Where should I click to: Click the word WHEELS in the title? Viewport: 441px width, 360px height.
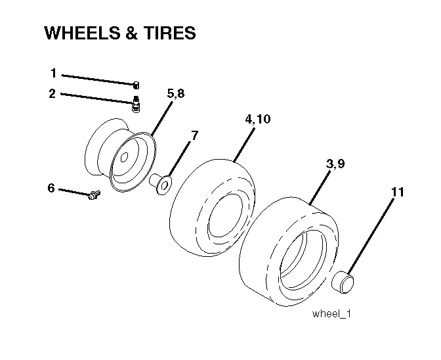(83, 33)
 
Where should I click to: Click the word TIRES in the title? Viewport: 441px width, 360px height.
(169, 33)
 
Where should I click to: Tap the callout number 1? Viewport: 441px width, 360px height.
(53, 73)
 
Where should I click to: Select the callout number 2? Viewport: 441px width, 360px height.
(52, 93)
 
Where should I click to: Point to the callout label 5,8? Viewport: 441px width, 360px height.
(176, 93)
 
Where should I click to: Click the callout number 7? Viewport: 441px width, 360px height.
(195, 136)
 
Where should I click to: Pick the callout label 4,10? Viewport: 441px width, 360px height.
(258, 119)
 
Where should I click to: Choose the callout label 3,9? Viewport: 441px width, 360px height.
(335, 164)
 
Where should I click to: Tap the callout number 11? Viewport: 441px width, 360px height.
(398, 192)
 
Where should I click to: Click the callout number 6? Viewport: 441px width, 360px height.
(51, 188)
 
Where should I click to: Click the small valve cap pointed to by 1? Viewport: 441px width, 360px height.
(136, 85)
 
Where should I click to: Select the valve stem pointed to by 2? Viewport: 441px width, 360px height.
(136, 104)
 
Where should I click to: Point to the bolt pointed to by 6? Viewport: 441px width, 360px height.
(94, 194)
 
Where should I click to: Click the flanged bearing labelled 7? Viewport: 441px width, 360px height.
(160, 184)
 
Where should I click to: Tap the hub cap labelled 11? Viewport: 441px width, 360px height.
(343, 281)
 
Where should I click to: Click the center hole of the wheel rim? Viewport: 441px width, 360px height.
(124, 158)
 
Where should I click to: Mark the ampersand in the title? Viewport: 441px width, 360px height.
(132, 33)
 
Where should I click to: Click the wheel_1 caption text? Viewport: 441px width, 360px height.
(331, 314)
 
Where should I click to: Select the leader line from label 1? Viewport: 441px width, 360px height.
(98, 79)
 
